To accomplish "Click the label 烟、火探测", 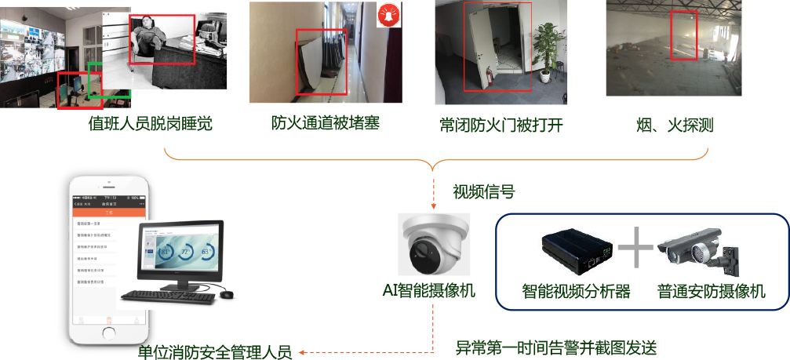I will pos(673,125).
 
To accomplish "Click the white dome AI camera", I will pos(434,242).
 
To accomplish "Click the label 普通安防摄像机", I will pos(712,292).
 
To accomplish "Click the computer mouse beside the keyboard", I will pos(227,293).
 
